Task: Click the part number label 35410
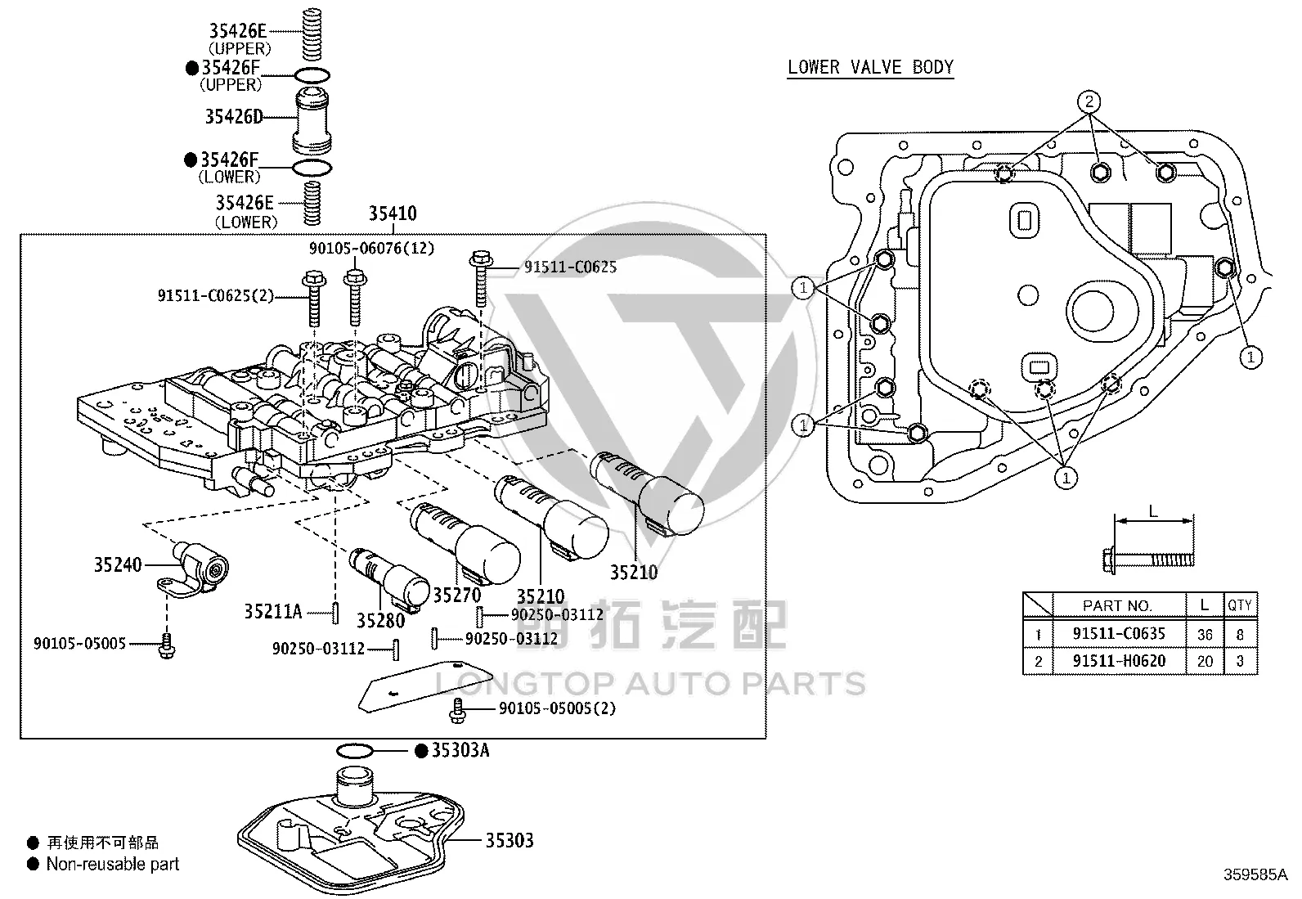(x=393, y=214)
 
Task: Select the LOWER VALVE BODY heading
(x=871, y=67)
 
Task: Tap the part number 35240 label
(x=118, y=564)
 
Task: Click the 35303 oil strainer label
(x=510, y=840)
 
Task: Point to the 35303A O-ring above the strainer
(x=355, y=751)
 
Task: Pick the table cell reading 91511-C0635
(x=1119, y=633)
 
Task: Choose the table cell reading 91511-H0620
(x=1119, y=661)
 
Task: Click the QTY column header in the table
(x=1240, y=605)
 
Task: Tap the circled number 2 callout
(x=1089, y=101)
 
